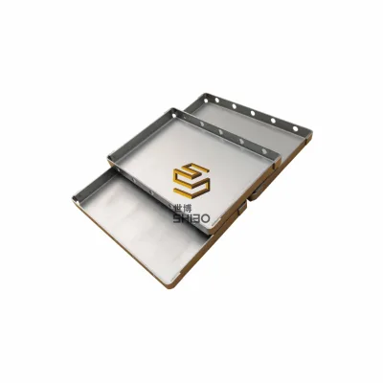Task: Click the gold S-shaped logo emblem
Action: (191, 179)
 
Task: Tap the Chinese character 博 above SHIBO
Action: (188, 209)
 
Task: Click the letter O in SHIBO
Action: (204, 218)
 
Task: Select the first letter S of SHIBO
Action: (177, 218)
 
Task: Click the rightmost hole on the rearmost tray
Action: (295, 129)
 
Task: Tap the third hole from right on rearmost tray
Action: (253, 113)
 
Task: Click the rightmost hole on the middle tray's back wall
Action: (264, 151)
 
